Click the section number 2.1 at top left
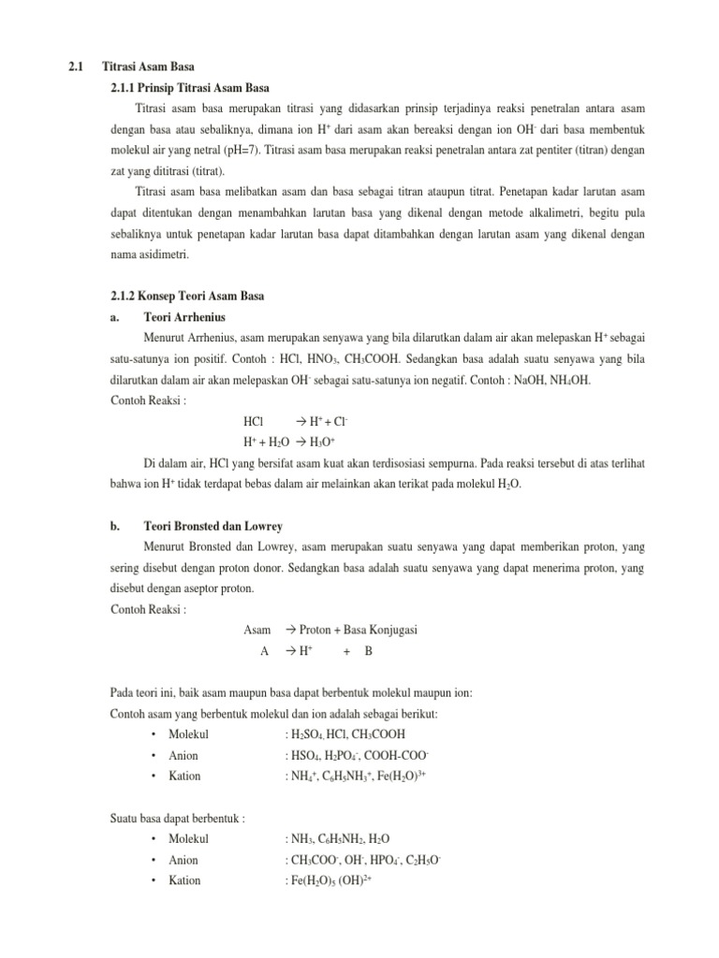pyautogui.click(x=76, y=67)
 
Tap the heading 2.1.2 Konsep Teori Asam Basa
pyautogui.click(x=187, y=297)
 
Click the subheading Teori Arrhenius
pyautogui.click(x=184, y=317)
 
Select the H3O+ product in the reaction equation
pyautogui.click(x=321, y=442)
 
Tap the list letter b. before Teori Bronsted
pyautogui.click(x=114, y=527)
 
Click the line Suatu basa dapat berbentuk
pyautogui.click(x=177, y=819)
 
